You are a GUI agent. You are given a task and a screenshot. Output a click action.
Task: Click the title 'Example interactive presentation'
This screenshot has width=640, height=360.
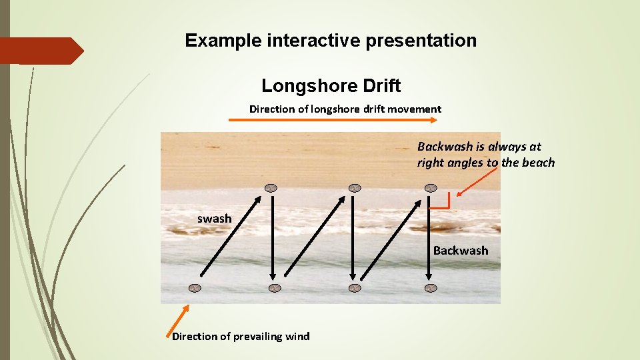click(331, 41)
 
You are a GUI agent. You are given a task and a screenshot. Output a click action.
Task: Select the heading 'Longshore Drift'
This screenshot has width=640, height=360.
click(331, 86)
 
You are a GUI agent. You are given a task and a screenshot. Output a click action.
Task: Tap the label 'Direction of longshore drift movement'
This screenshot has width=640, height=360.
click(345, 109)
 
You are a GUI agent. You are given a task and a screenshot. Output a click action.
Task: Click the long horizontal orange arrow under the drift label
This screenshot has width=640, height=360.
click(333, 120)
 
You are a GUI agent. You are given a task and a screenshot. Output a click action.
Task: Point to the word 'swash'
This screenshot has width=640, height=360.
click(214, 219)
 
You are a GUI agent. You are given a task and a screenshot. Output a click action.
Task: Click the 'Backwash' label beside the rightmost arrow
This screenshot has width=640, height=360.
click(460, 251)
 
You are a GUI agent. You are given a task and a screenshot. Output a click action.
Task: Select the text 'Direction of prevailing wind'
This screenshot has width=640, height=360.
click(241, 336)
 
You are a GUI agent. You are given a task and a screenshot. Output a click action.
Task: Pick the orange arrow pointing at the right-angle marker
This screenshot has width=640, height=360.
click(477, 181)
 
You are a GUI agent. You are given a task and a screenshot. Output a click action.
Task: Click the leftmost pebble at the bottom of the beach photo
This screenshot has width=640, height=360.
click(194, 288)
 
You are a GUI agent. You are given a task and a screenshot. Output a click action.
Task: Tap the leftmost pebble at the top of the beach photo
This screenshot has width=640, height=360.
click(271, 187)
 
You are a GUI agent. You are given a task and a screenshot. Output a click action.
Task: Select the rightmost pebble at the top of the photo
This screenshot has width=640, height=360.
click(431, 187)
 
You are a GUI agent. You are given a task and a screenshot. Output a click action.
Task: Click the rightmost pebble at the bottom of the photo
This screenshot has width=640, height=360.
click(431, 288)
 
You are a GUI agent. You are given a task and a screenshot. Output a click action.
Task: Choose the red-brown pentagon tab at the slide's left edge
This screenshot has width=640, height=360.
click(40, 51)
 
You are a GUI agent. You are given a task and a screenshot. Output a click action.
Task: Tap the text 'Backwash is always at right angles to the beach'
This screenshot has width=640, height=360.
click(485, 155)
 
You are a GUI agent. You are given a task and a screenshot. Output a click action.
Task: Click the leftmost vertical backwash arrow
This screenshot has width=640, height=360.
click(272, 237)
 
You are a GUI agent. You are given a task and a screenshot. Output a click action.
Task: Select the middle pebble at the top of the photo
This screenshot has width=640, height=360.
click(355, 187)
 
